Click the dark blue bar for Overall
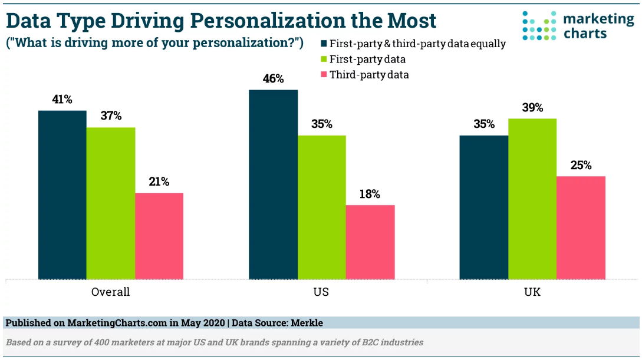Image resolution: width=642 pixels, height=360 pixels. (62, 194)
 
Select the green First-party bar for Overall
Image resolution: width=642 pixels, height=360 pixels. (111, 203)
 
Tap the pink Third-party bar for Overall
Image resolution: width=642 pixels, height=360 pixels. (159, 236)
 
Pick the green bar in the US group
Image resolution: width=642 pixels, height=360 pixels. (322, 207)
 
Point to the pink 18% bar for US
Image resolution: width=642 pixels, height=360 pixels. (370, 242)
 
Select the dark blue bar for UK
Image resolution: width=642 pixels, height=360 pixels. (484, 207)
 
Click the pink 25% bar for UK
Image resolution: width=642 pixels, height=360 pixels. (581, 227)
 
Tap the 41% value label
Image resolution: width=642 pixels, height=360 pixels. (62, 100)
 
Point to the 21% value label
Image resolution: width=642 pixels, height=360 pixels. (159, 182)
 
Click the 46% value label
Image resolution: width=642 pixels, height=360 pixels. (274, 79)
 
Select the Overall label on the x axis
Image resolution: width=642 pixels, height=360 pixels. (110, 292)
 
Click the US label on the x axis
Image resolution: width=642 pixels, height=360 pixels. (321, 292)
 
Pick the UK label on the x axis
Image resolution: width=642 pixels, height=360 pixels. (532, 292)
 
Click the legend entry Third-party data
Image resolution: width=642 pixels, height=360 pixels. (369, 75)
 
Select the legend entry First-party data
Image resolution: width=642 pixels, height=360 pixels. (367, 59)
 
